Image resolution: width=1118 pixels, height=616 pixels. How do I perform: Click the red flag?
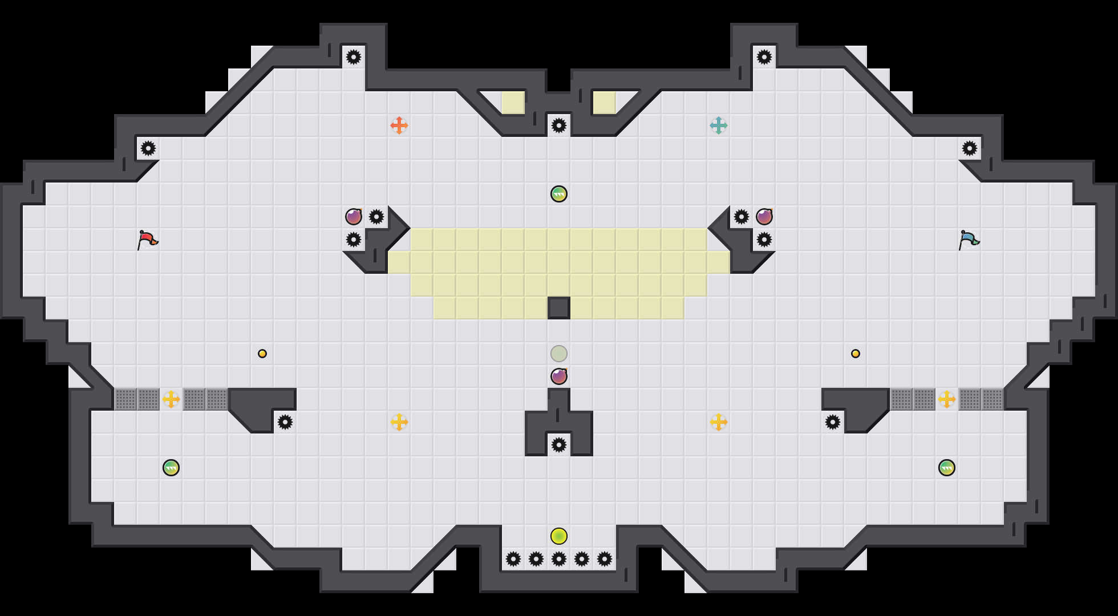[x=147, y=240]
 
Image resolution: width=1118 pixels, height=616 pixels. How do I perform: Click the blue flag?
[x=969, y=240]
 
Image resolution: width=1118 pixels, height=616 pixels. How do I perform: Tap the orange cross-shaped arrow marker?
[x=399, y=125]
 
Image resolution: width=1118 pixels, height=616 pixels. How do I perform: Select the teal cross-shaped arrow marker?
[x=719, y=125]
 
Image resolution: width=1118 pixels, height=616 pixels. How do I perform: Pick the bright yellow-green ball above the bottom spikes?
[x=559, y=536]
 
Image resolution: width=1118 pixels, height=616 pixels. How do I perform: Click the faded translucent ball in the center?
[x=559, y=354]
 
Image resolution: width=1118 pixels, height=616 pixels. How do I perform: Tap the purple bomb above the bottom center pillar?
[x=559, y=376]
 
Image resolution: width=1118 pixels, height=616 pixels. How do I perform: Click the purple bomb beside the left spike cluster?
[x=354, y=217]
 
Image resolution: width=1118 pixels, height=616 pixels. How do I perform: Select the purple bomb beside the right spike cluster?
[x=764, y=217]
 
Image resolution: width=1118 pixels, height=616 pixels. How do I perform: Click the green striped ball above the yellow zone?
[x=559, y=194]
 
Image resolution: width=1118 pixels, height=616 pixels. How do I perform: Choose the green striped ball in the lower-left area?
[x=171, y=468]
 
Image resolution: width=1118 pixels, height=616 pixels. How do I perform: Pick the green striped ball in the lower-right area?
[x=947, y=468]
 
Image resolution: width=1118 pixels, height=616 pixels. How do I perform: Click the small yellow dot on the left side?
[x=262, y=354]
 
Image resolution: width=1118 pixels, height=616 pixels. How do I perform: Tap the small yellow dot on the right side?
[x=856, y=354]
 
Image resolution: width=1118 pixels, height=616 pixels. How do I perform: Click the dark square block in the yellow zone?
[x=559, y=308]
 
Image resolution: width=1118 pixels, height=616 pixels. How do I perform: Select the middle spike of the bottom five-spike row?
[x=559, y=559]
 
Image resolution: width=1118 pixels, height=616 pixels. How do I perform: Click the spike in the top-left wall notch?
[x=354, y=57]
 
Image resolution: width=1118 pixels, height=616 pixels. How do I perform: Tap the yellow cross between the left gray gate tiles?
[x=171, y=399]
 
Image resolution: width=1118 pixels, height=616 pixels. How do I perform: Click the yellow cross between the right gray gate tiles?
[x=947, y=399]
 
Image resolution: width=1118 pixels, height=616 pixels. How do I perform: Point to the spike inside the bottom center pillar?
[x=559, y=445]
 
